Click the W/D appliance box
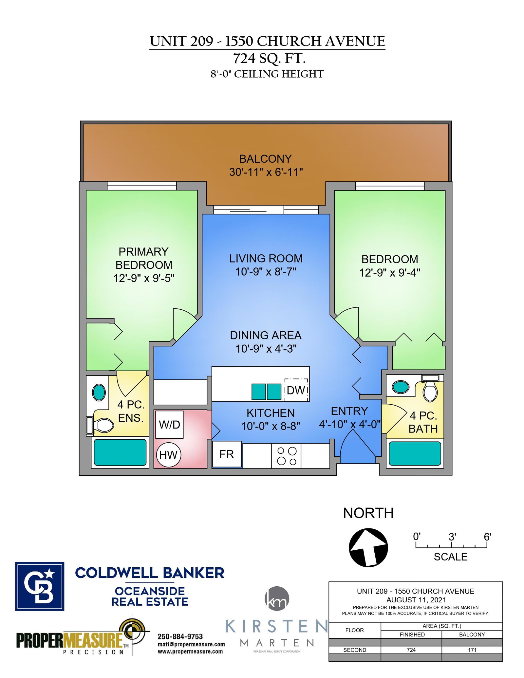click(x=169, y=425)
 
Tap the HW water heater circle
click(x=169, y=455)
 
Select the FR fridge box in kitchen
click(x=227, y=454)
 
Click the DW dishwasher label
click(x=296, y=390)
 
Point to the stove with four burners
click(x=286, y=456)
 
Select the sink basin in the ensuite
click(x=99, y=392)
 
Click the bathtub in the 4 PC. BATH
click(x=415, y=453)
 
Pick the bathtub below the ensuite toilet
click(x=120, y=452)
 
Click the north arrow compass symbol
click(x=368, y=547)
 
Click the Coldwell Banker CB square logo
click(x=40, y=586)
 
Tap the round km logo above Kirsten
click(x=277, y=599)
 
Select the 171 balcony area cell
click(x=472, y=650)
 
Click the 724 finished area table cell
click(x=411, y=650)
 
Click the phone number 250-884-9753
click(x=180, y=636)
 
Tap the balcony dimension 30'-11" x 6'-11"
click(x=266, y=172)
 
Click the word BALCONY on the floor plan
click(x=265, y=159)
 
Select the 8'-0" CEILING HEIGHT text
click(x=267, y=74)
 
